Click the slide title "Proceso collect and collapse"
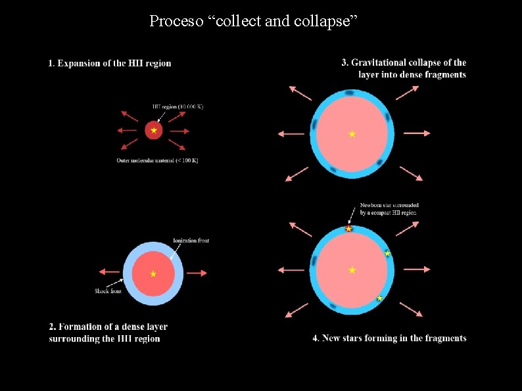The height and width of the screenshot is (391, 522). pos(253,21)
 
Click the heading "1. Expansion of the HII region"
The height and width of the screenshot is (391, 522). pos(110,63)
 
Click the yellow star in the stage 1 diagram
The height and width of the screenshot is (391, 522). pos(154,131)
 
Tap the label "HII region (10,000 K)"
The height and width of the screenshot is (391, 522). pos(178,106)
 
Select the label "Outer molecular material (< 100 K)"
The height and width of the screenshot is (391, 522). pos(157,161)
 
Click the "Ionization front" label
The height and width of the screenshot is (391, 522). pos(191,241)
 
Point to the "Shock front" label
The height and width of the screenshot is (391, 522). pos(108,291)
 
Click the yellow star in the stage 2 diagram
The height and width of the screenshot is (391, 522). pos(153,273)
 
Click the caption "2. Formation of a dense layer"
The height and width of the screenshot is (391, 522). pos(108,327)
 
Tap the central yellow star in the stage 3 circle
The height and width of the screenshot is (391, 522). pos(352,134)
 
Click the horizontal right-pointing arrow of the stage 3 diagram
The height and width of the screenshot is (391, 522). pos(417,133)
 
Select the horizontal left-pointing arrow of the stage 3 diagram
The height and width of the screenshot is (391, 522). pos(291,133)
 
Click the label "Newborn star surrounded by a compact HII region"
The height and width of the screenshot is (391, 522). pos(389,209)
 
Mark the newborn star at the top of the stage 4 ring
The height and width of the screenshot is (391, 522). pos(348,229)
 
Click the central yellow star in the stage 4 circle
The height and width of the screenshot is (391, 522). pos(352,270)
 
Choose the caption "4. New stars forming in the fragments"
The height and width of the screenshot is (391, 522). pos(389,338)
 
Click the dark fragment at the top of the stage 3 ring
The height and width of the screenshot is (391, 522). pos(350,93)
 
